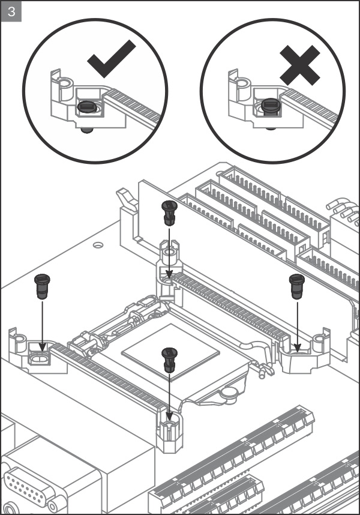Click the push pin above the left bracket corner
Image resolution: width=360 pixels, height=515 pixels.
click(41, 286)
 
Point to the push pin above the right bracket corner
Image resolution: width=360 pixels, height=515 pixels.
click(296, 285)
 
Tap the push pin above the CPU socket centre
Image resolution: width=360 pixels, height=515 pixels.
click(170, 360)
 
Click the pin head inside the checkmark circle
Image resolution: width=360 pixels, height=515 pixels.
click(88, 107)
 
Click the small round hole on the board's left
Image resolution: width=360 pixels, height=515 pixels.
click(97, 245)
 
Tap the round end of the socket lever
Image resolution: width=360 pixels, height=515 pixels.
click(229, 393)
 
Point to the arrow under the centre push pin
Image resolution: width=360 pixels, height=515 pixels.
click(170, 396)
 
